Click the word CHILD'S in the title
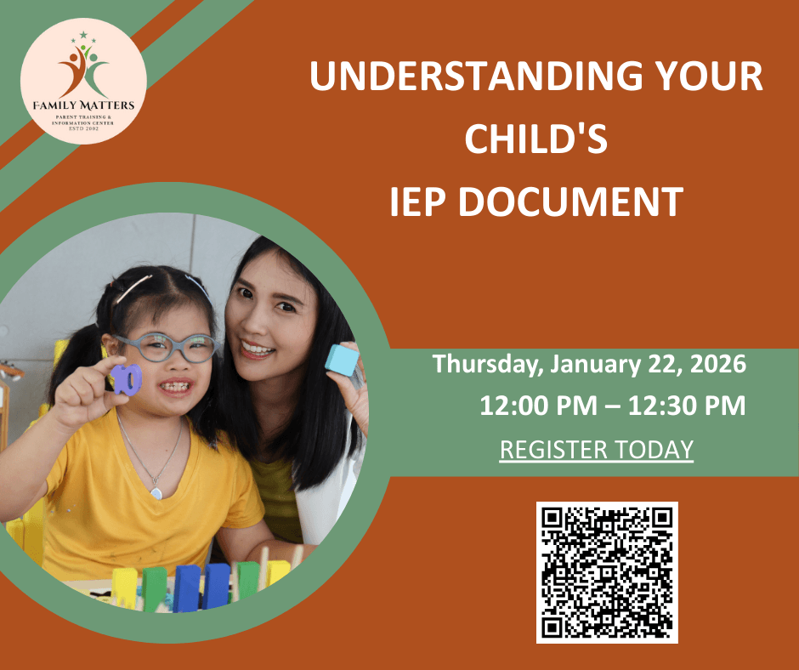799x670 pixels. pyautogui.click(x=535, y=139)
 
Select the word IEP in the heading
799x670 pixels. pyautogui.click(x=420, y=202)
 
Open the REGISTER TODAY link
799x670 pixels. pyautogui.click(x=597, y=449)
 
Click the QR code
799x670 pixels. pyautogui.click(x=607, y=572)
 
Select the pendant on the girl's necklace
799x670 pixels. pyautogui.click(x=156, y=492)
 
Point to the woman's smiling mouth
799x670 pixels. pyautogui.click(x=258, y=348)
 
